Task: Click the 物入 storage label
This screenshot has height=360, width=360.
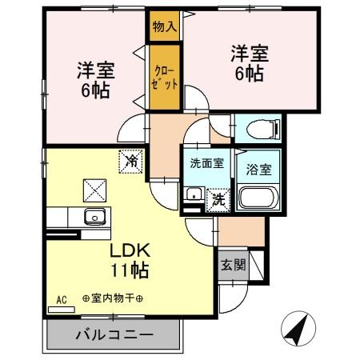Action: (x=164, y=27)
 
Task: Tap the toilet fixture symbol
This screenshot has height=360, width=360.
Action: (x=261, y=128)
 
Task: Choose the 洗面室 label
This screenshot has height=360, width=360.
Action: (x=206, y=163)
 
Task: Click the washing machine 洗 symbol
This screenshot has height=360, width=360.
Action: (x=216, y=200)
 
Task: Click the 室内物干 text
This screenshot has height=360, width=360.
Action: (x=113, y=299)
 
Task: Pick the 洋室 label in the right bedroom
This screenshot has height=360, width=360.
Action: (x=250, y=54)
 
